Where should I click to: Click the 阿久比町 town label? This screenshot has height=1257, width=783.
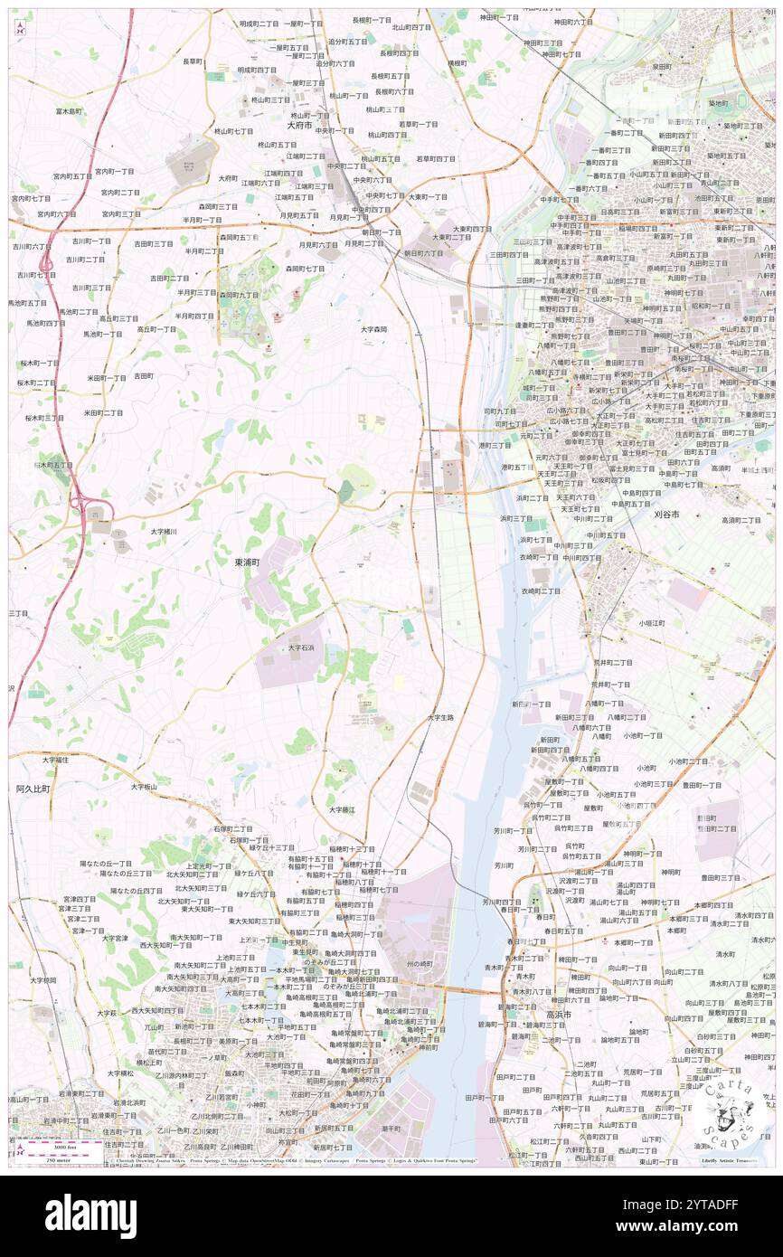click(x=33, y=789)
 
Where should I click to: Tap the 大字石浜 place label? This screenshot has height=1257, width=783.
click(x=301, y=648)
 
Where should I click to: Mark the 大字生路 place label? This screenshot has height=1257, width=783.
click(x=440, y=717)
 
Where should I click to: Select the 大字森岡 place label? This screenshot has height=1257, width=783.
click(x=373, y=329)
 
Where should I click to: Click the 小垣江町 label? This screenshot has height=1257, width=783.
click(x=651, y=623)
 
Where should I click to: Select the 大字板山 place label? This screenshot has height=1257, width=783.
click(x=143, y=787)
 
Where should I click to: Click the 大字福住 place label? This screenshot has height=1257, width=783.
click(x=53, y=760)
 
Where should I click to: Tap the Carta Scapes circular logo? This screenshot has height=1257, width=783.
click(x=731, y=1110)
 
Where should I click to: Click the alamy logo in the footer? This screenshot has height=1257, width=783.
click(x=90, y=1215)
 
